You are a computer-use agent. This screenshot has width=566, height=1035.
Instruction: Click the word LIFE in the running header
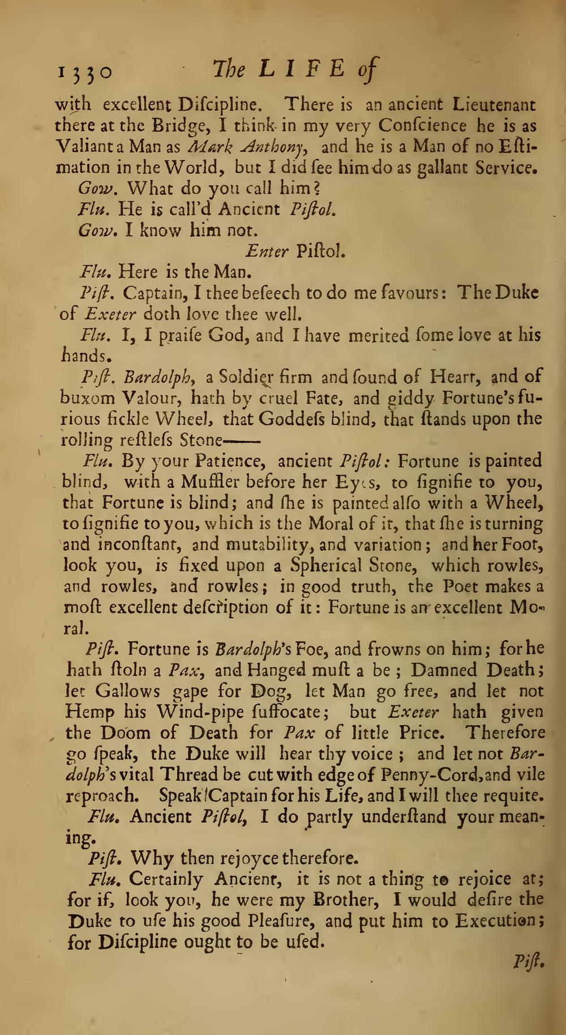[x=301, y=70]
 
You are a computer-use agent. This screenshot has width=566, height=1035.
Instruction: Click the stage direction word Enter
[x=267, y=251]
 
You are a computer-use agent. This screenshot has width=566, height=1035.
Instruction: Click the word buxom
[x=88, y=398]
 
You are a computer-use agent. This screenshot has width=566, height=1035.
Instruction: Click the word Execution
[x=492, y=921]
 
